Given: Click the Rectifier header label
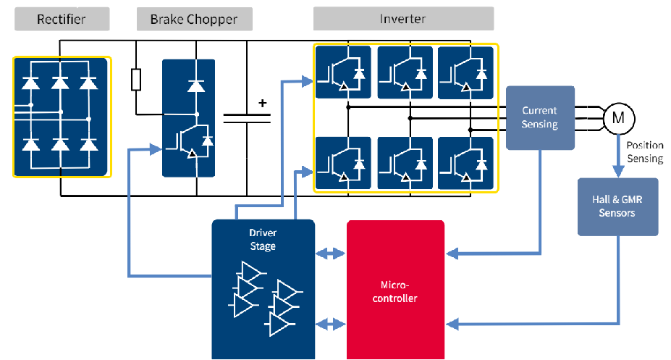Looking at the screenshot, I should pos(62,19).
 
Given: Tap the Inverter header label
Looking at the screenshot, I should pos(403,19).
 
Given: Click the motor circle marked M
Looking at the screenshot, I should pos(618,117).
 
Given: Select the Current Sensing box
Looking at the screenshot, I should pos(540,117).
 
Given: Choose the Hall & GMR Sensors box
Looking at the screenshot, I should pos(617,206).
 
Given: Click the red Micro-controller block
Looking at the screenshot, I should pos(395,290).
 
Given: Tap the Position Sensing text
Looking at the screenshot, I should pos(644,151).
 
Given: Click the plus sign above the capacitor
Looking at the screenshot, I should pos(263,103).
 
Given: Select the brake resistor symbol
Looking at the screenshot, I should pos(136,80).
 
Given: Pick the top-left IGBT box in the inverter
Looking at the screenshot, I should pos(342,72).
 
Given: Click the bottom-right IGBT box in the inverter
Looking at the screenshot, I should pos(465,162).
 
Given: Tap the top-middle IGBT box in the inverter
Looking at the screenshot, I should pos(405,72).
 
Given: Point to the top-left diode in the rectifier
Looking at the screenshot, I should pos(30,83).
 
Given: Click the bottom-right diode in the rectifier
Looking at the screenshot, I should pos(88,144).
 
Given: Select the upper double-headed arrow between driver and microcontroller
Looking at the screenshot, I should pos(331,254).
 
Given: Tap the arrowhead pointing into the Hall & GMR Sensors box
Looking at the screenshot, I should pos(617,172).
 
